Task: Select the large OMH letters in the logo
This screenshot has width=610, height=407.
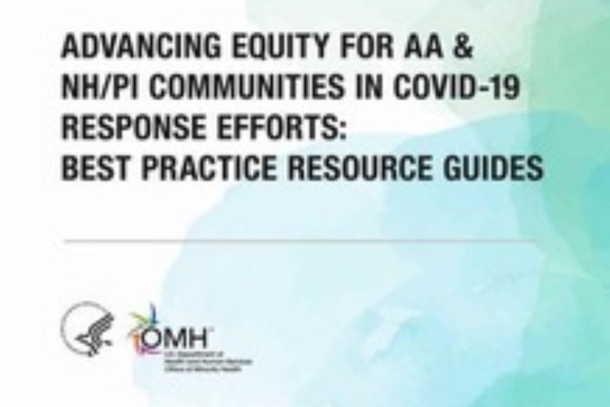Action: coord(171,336)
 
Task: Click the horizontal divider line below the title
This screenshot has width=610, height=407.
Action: coord(302,241)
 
